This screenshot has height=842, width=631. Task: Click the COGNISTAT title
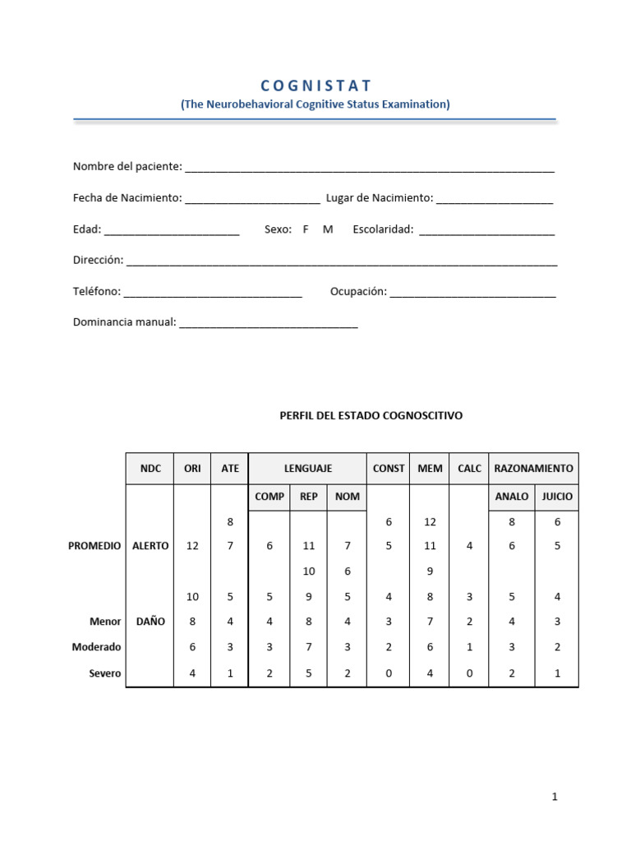click(x=315, y=86)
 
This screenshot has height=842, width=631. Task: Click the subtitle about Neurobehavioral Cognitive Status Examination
click(x=315, y=104)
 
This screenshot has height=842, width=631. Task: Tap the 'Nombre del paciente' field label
click(x=127, y=167)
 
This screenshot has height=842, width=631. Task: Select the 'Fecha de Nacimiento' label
click(x=127, y=198)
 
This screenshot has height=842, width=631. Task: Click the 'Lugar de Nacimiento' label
click(x=379, y=198)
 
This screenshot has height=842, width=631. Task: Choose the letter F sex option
click(x=306, y=229)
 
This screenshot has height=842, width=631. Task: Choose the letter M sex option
click(x=328, y=229)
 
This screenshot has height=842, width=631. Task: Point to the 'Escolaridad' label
click(x=383, y=229)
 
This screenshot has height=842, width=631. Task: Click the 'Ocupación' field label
click(x=358, y=292)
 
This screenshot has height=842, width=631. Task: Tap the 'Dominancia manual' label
click(x=125, y=322)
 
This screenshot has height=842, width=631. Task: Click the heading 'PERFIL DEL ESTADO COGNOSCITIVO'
click(x=371, y=416)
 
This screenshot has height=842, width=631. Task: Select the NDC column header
click(x=150, y=469)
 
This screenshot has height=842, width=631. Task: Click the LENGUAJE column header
click(x=308, y=469)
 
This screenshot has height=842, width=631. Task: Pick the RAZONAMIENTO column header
click(x=533, y=469)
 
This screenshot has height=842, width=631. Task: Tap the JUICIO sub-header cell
click(x=556, y=497)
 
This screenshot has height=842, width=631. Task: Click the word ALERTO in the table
click(x=150, y=546)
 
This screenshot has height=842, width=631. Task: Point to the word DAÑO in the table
click(x=150, y=622)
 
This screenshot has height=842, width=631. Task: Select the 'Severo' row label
click(x=105, y=673)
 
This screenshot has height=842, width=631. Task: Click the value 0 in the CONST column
click(x=389, y=673)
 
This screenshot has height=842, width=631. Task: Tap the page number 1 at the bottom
click(x=555, y=797)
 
